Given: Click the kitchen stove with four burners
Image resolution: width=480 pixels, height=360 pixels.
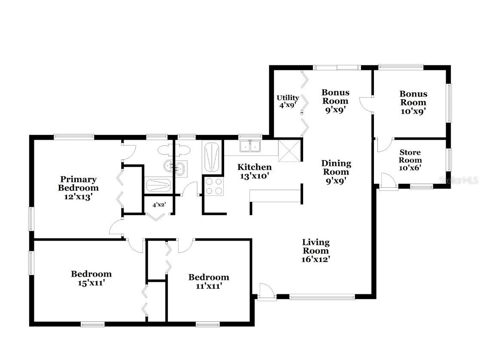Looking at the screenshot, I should [214, 187].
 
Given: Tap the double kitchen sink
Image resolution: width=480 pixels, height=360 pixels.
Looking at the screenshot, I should [250, 146].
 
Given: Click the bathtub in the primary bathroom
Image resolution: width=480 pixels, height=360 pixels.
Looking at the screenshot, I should [159, 185].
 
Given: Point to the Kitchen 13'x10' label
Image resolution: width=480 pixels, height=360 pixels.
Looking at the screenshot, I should [255, 171].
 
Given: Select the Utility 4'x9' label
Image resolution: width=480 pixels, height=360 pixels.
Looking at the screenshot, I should [288, 101].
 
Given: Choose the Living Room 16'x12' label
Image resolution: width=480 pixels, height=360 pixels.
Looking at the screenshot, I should [316, 250].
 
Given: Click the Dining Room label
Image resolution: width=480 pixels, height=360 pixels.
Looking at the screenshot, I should [336, 172].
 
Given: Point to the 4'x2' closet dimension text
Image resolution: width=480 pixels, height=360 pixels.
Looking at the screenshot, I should [159, 205].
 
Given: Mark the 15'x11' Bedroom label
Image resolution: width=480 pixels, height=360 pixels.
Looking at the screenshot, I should [91, 278].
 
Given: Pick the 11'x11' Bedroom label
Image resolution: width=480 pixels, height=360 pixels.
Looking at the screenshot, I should [209, 281].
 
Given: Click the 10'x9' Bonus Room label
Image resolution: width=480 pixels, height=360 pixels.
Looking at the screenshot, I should [413, 102].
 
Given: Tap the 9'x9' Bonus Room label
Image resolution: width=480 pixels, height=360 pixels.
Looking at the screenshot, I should [335, 101].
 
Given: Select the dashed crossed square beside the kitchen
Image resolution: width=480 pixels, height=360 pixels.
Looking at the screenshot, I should [289, 151].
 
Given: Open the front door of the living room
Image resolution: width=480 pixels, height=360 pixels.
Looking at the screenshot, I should [266, 293].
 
